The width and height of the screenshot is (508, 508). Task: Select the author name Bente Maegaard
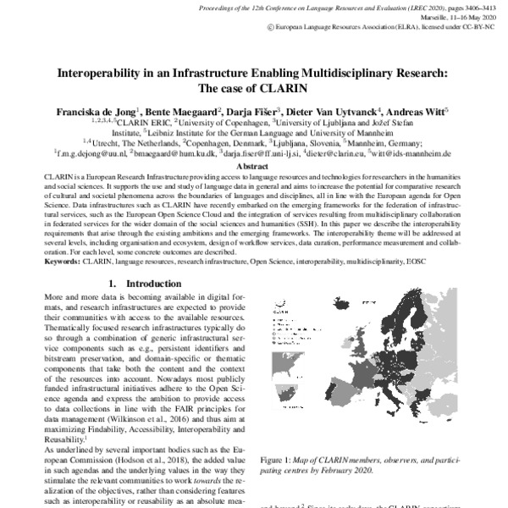[190, 110]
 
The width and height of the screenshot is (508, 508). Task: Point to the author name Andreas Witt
[418, 110]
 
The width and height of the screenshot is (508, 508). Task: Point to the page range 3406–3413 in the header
[461, 7]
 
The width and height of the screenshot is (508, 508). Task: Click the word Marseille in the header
[400, 16]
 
